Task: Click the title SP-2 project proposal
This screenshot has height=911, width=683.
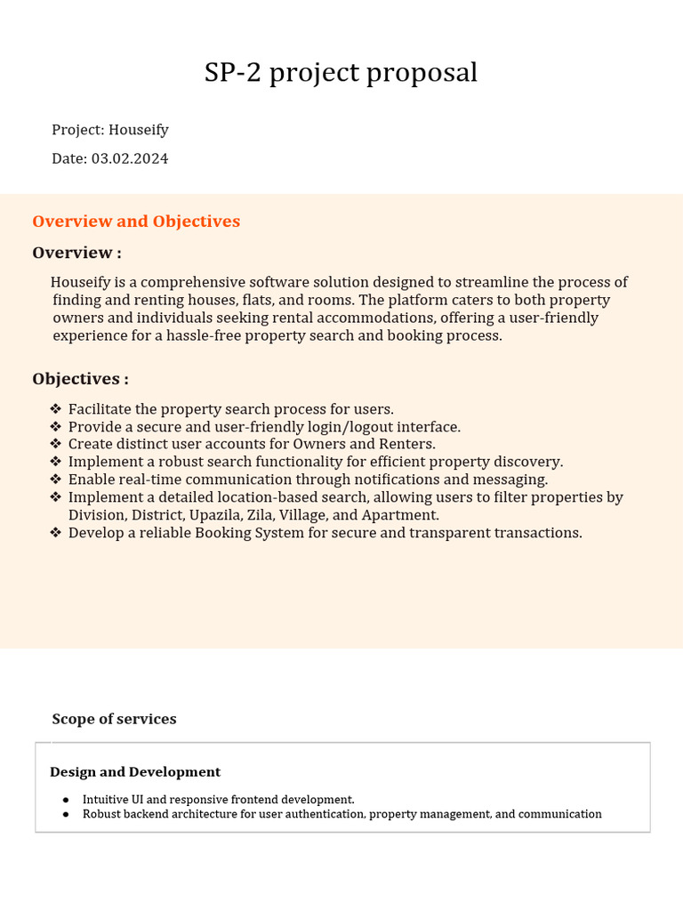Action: pos(341,73)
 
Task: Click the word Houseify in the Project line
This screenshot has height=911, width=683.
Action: pos(139,130)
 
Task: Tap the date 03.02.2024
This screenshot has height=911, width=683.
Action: pos(130,159)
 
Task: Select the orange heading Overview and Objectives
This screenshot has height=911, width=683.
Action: pos(136,222)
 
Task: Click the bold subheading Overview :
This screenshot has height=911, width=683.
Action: pos(76,253)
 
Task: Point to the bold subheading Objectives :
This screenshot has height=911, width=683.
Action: pos(80,379)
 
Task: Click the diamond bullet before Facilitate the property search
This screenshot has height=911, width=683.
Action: pos(55,409)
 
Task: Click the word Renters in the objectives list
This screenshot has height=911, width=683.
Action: pos(406,444)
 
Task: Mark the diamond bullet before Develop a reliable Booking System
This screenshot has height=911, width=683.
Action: pos(55,533)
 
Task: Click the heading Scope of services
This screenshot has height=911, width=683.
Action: pos(114,719)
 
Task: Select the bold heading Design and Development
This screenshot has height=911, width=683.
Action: pos(135,772)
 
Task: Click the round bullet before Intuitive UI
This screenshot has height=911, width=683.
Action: pos(66,800)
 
